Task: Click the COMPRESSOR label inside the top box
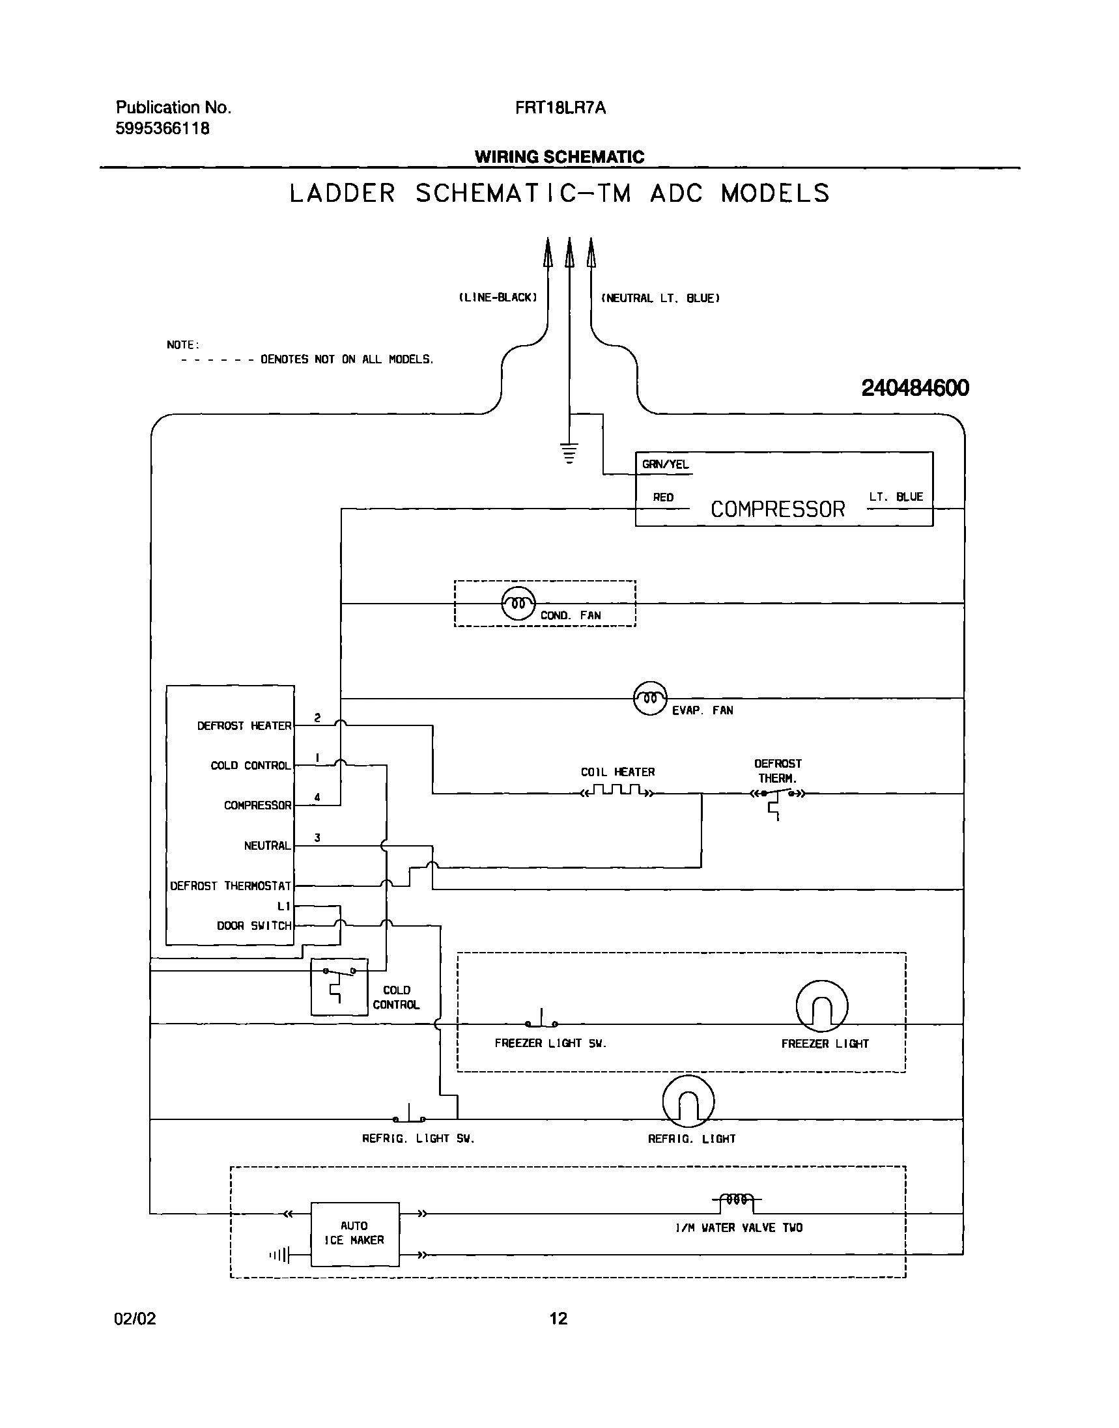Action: [x=778, y=509]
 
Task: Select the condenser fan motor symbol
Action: [x=518, y=603]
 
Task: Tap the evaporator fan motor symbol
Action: [x=650, y=698]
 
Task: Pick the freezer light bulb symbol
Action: [x=821, y=1006]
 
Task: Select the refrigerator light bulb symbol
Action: [x=688, y=1101]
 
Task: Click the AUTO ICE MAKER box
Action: [x=354, y=1234]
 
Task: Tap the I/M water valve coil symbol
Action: [x=737, y=1200]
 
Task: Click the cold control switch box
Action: [x=339, y=987]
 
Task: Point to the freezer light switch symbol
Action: [x=541, y=1020]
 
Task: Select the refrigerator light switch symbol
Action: [x=409, y=1115]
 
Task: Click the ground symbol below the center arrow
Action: [x=569, y=453]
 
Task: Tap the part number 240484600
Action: [x=914, y=388]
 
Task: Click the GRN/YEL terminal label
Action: [x=665, y=464]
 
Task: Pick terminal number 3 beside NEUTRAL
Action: [x=317, y=838]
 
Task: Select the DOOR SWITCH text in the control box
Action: [x=254, y=925]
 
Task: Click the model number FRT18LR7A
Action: [x=560, y=108]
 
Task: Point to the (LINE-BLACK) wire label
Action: [x=497, y=298]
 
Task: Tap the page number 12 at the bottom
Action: [x=558, y=1318]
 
